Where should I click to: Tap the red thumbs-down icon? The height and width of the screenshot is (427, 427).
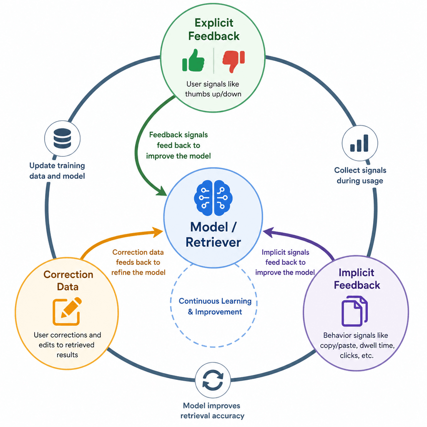click(234, 61)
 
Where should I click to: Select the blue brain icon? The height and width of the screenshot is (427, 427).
click(213, 198)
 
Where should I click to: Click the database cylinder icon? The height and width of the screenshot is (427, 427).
click(63, 138)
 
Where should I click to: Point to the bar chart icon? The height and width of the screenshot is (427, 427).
click(359, 143)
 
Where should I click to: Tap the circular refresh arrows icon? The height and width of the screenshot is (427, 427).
click(213, 380)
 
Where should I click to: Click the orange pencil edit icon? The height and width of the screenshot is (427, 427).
click(67, 311)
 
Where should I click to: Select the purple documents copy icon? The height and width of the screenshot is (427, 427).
click(354, 311)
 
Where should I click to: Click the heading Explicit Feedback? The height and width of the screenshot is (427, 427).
click(214, 30)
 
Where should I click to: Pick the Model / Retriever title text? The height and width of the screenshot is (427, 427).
click(213, 234)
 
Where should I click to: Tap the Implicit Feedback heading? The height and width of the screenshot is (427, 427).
click(357, 279)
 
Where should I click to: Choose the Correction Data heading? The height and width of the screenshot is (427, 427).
click(68, 281)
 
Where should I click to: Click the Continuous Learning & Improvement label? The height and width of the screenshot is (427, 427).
click(215, 306)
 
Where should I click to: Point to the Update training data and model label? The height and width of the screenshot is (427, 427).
click(57, 171)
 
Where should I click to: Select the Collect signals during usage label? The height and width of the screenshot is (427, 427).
click(360, 176)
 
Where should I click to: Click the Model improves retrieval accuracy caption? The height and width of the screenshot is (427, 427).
click(212, 411)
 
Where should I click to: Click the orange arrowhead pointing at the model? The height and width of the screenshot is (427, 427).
click(158, 232)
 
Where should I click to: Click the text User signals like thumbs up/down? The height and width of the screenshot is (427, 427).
click(213, 89)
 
